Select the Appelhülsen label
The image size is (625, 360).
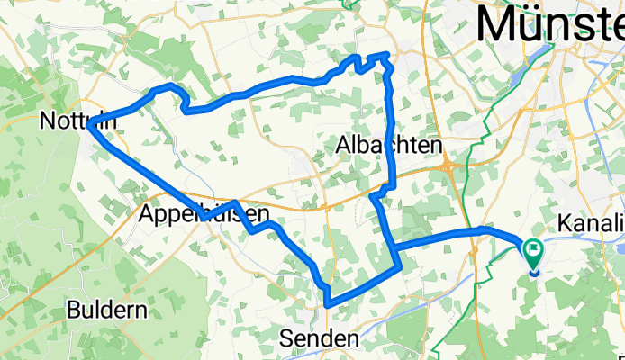(204, 215)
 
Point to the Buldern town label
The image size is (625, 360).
(107, 311)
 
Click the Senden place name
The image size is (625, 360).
(319, 338)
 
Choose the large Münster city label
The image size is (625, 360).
(549, 23)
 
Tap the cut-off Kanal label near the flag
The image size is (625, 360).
(591, 221)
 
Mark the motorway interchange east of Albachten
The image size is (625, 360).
(448, 166)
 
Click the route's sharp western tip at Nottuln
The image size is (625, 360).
(91, 126)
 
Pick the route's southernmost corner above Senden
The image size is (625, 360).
(328, 304)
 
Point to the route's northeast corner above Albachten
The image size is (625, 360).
(387, 56)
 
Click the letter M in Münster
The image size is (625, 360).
(499, 23)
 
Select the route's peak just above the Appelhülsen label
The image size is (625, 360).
(234, 203)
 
